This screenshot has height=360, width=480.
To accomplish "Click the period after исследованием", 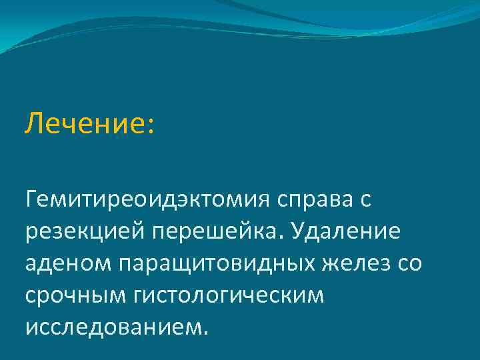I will click(205, 333).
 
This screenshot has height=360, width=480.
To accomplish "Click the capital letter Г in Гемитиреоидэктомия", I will click(31, 199).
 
